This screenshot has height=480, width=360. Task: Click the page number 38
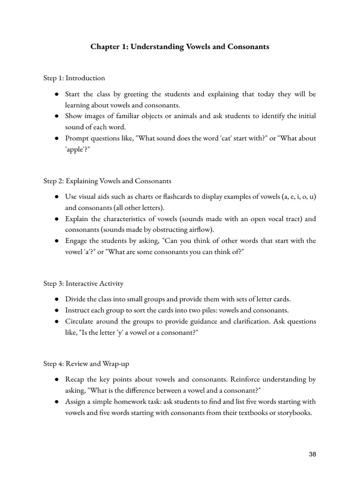pyautogui.click(x=313, y=454)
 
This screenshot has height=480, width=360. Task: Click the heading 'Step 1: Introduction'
pyautogui.click(x=74, y=78)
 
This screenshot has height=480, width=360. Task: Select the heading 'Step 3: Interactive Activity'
pyautogui.click(x=83, y=283)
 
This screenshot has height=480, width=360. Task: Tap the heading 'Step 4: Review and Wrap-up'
pyautogui.click(x=85, y=363)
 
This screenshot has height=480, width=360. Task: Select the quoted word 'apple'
pyautogui.click(x=75, y=150)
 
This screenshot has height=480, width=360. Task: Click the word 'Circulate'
pyautogui.click(x=79, y=321)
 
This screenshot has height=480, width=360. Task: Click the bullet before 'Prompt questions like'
pyautogui.click(x=56, y=138)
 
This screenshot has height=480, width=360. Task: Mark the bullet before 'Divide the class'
pyautogui.click(x=56, y=299)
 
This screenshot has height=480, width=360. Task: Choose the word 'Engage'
pyautogui.click(x=76, y=240)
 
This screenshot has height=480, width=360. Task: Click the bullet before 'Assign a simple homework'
pyautogui.click(x=56, y=401)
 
